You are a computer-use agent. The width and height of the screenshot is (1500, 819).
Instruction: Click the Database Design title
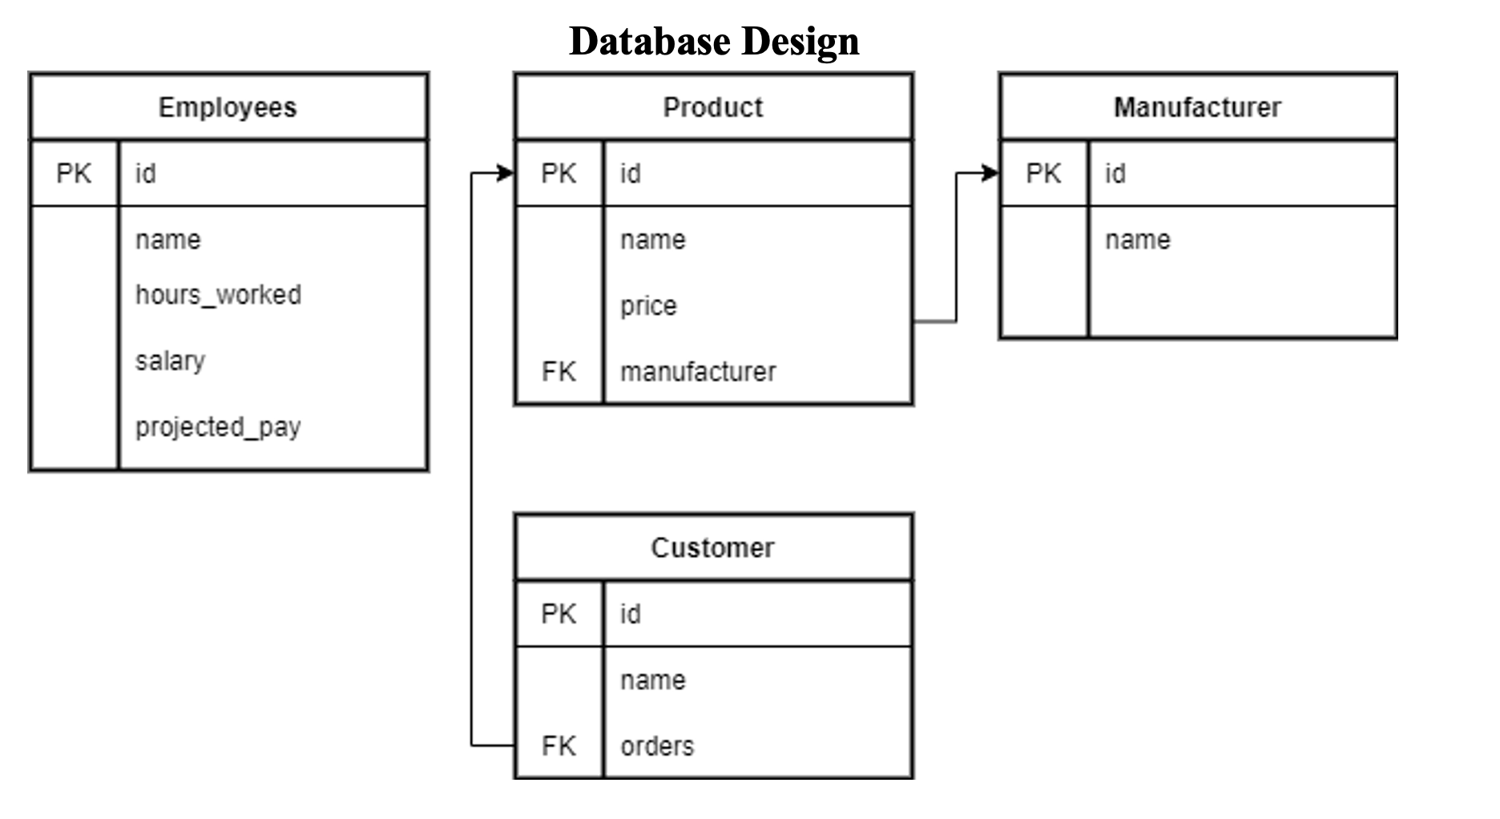coord(713,41)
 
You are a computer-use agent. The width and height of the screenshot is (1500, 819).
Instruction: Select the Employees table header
coord(228,107)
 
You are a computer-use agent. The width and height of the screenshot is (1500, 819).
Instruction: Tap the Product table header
coord(713,107)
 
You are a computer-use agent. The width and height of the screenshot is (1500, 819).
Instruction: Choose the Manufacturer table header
coord(1197,107)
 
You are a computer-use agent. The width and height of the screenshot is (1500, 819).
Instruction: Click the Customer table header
coord(713,548)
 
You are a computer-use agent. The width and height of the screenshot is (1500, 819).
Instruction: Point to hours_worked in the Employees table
coord(218,295)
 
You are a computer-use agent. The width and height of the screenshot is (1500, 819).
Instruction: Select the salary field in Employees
coord(170,361)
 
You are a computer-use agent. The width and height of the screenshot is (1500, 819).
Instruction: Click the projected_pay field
coord(218,427)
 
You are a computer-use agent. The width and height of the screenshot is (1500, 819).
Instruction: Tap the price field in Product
coord(648,305)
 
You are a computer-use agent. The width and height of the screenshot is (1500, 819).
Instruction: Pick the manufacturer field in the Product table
coord(698,372)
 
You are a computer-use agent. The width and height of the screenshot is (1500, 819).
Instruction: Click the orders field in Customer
coord(657,746)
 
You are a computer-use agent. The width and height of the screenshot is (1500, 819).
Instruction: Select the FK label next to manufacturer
coord(558,372)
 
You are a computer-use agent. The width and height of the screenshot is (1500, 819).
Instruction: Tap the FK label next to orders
coord(558,746)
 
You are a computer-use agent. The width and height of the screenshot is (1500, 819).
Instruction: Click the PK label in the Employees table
coord(74,173)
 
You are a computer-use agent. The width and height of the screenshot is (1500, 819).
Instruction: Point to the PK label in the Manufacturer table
coord(1043,173)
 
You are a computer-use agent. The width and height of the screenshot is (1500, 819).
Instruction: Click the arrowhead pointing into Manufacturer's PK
coord(990,173)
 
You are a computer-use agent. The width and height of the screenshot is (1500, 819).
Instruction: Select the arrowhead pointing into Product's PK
coord(506,173)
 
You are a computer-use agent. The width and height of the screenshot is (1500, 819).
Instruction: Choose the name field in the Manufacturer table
coord(1138,240)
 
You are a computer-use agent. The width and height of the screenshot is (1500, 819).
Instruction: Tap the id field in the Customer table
coord(631,615)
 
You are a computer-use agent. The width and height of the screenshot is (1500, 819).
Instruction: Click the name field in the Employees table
coord(168,240)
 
